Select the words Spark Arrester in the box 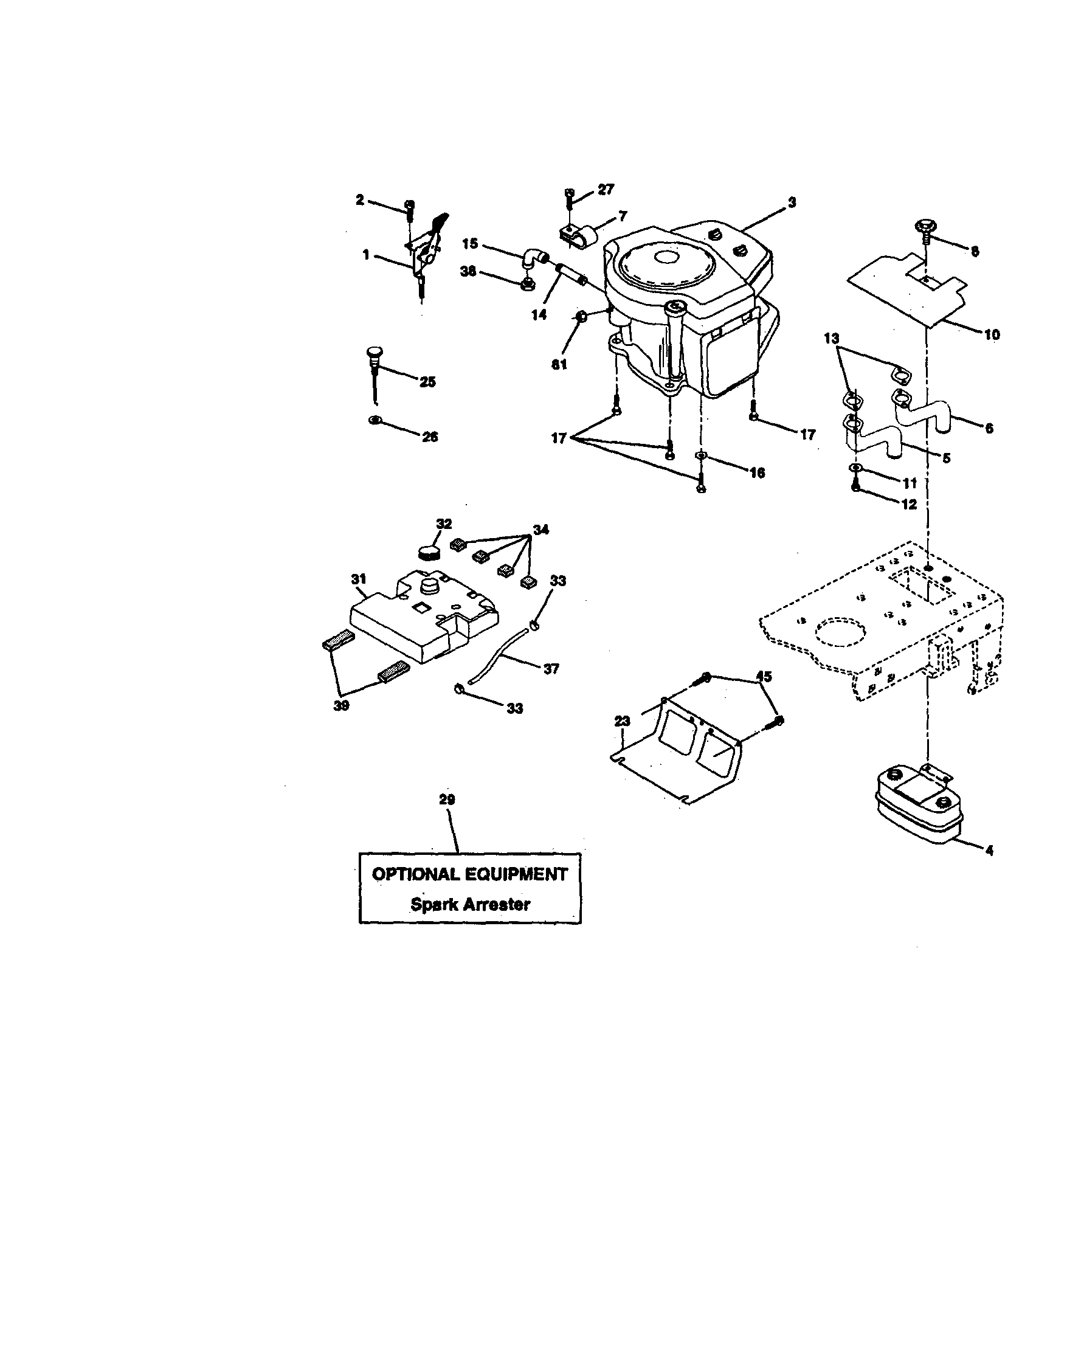click(x=470, y=904)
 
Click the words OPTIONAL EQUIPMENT click(x=470, y=874)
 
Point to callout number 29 click(x=447, y=800)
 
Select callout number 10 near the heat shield click(x=992, y=334)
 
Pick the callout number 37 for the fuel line click(x=551, y=669)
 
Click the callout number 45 click(x=764, y=676)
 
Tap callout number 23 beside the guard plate click(x=622, y=721)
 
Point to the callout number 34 click(x=540, y=530)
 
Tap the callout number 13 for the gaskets click(x=831, y=339)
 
